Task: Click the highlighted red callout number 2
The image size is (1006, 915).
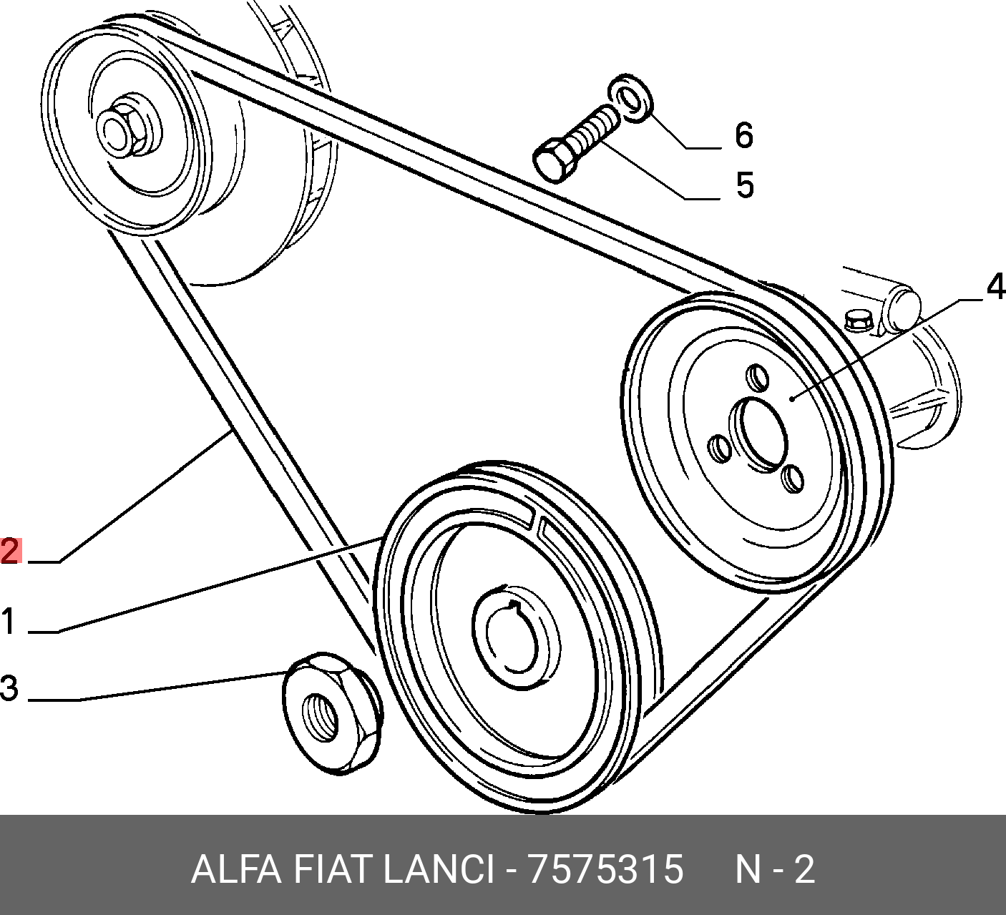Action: coord(10,551)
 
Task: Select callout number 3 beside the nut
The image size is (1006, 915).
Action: coord(9,688)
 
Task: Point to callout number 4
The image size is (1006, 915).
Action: coord(995,288)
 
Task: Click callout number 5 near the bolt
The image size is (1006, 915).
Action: coord(744,185)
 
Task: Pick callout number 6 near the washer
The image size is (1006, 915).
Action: coord(744,135)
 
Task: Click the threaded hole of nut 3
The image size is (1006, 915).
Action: coord(320,713)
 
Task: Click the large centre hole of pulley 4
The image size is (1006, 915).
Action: coord(761,434)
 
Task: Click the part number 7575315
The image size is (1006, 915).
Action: coord(605,870)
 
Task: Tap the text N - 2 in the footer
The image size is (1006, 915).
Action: coord(775,870)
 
